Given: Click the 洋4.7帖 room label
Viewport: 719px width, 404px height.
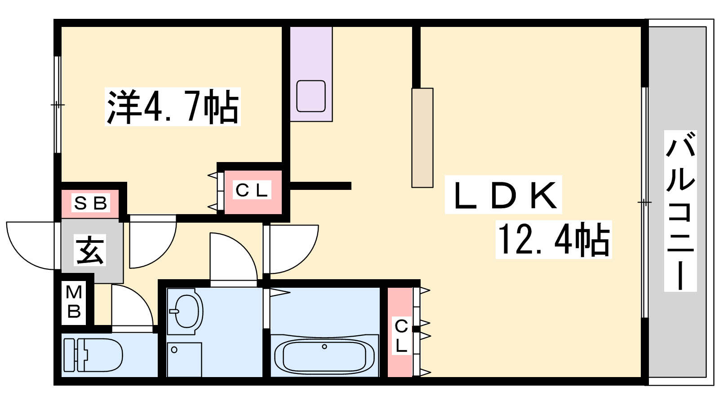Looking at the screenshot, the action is [x=173, y=106].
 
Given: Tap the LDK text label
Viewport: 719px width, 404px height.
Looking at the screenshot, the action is [x=503, y=195].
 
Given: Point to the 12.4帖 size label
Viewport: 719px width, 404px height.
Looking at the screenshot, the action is [x=554, y=239].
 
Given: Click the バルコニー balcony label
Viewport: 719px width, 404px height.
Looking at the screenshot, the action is [x=680, y=211].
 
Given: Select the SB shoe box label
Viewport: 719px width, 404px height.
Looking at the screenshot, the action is [x=91, y=202].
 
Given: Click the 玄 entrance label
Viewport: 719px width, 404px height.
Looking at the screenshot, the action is [x=90, y=250].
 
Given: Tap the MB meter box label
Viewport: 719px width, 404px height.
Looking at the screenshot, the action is [x=74, y=302].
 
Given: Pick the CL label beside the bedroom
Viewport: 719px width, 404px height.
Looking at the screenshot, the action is [x=252, y=190].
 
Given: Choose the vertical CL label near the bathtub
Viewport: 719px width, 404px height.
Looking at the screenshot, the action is [x=402, y=336].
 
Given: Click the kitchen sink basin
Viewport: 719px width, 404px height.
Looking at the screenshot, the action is [x=311, y=96].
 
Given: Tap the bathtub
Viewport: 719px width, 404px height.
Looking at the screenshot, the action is [x=324, y=355].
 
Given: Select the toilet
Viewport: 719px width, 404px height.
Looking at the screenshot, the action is [x=93, y=355].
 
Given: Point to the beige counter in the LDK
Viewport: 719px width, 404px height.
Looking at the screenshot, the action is [x=422, y=138].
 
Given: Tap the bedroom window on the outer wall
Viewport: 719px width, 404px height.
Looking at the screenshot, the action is [x=58, y=105].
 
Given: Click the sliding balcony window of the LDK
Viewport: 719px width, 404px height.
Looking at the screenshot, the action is [x=644, y=202].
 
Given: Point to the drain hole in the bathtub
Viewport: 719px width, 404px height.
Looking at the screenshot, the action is [x=324, y=347].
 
